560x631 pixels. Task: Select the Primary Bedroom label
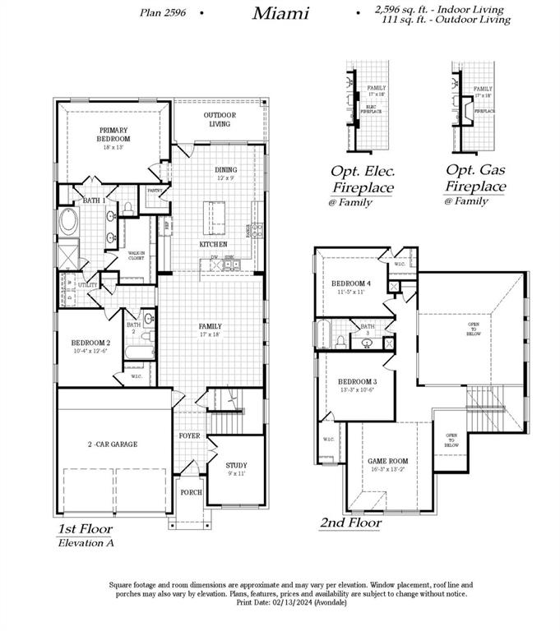(x=114, y=135)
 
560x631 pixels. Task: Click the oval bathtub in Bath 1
(x=68, y=222)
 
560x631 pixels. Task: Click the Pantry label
(x=155, y=191)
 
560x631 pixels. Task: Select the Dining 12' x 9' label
(x=225, y=174)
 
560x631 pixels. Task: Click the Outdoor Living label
(x=219, y=119)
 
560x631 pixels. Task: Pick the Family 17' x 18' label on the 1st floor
(x=210, y=330)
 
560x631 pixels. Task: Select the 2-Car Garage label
(x=114, y=444)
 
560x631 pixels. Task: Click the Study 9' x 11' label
(x=236, y=469)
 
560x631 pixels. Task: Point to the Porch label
(x=191, y=492)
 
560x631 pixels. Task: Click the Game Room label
(x=387, y=465)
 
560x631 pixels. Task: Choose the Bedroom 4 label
(x=351, y=288)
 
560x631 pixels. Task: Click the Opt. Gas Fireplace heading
(x=475, y=179)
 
